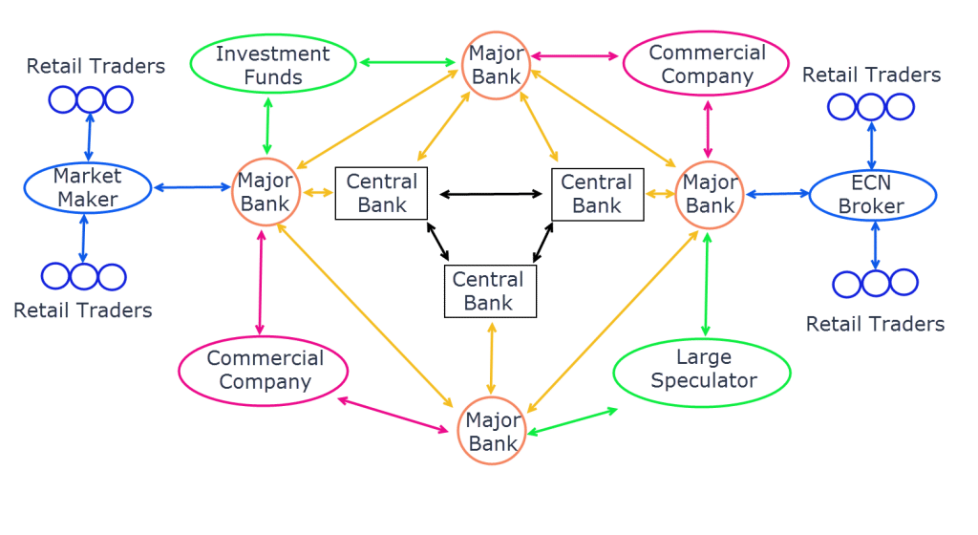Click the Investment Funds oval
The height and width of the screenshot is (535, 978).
point(272,64)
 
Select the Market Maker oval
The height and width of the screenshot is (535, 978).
point(86,187)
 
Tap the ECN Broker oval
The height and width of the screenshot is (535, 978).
point(872,195)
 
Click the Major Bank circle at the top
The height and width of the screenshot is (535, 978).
point(497,64)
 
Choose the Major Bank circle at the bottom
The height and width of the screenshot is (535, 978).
point(493,432)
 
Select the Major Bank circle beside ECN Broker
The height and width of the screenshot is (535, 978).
point(709,193)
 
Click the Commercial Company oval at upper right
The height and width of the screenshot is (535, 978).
point(708,64)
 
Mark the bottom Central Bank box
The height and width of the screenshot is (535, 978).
point(490,291)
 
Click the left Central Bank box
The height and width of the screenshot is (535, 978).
point(381,193)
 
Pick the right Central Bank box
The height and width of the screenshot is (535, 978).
point(597,193)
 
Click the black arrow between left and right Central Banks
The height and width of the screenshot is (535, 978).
point(489,194)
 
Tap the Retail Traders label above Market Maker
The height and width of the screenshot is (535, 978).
point(96,66)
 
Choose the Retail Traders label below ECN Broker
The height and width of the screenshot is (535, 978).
point(874,324)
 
